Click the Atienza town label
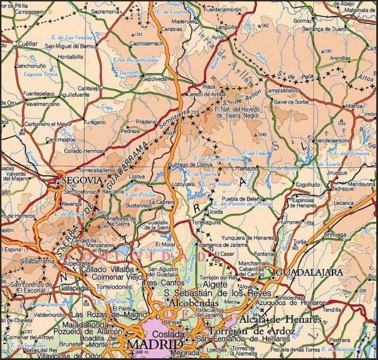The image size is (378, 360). click(x=354, y=106)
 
